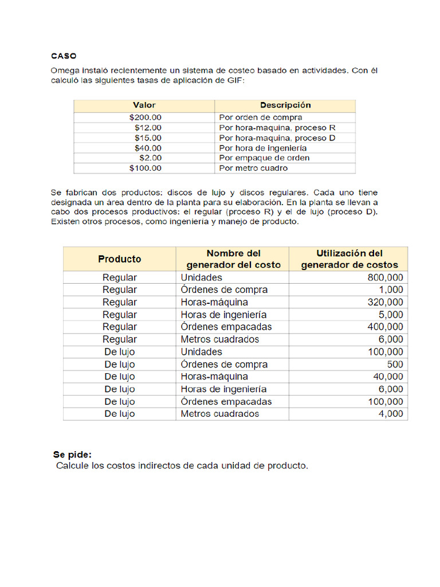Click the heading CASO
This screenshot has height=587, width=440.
coord(64,56)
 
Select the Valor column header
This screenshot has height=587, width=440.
coord(144,105)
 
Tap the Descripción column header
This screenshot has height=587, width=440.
coord(285,105)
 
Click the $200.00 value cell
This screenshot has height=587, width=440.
coord(146,117)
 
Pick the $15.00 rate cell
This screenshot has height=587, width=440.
coord(148,138)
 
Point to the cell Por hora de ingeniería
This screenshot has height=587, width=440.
coord(262,148)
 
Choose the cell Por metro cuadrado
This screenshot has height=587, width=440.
coord(253,169)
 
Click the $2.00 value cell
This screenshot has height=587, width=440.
coord(151,158)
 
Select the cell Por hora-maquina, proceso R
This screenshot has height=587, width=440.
coord(277,128)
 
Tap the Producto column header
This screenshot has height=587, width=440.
coord(119,259)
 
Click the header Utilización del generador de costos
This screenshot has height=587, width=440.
coord(349,259)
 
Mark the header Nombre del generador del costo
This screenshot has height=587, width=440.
coord(233,259)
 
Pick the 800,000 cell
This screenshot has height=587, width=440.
coord(385,277)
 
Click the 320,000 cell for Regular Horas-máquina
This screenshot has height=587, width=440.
coord(385,302)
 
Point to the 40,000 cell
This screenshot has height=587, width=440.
coord(388,377)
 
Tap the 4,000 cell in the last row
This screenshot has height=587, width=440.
coord(391,414)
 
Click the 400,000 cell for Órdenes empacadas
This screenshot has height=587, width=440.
coord(385,327)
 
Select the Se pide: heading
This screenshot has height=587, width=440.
coord(72,455)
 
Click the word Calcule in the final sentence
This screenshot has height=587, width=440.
coord(72,466)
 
